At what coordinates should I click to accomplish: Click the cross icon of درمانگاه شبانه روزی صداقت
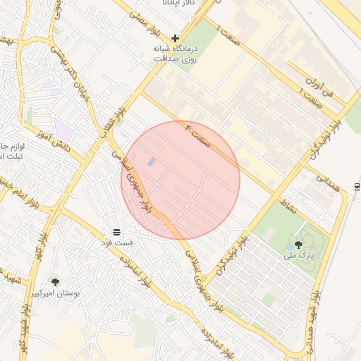[176, 38]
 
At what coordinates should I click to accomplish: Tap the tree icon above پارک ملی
[298, 245]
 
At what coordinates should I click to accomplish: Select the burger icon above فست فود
[116, 232]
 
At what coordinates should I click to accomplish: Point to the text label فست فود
[118, 243]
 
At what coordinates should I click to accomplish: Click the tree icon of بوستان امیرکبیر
[56, 282]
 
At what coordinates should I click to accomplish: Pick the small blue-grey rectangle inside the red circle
[152, 162]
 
